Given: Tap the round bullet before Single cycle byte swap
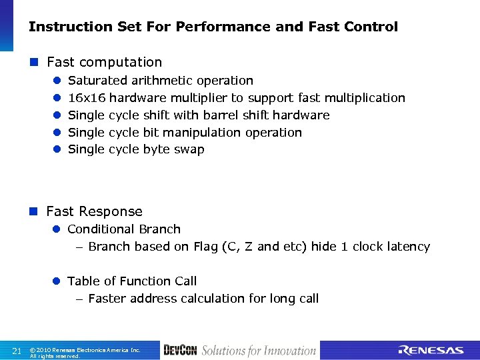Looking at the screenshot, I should [x=57, y=150].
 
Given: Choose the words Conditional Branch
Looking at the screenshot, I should [x=124, y=229].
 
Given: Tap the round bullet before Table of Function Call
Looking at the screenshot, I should [x=57, y=281].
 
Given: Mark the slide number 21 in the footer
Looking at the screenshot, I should [x=17, y=351].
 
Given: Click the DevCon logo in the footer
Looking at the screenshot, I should [x=180, y=351].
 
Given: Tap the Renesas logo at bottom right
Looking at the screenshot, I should [x=431, y=351].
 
